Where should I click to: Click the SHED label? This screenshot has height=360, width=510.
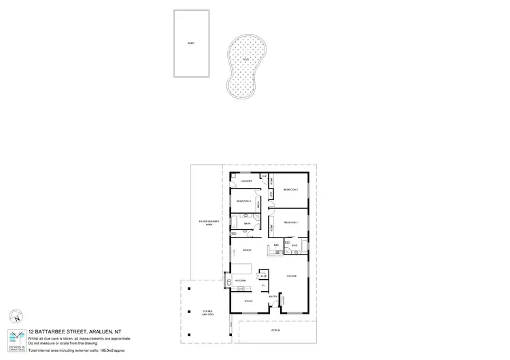pyautogui.click(x=191, y=44)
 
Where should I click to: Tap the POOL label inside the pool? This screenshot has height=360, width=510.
pyautogui.click(x=245, y=60)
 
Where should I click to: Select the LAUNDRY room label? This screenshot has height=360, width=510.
pyautogui.click(x=247, y=181)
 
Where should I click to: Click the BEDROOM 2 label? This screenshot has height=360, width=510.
pyautogui.click(x=292, y=189)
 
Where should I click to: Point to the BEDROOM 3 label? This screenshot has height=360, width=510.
pyautogui.click(x=244, y=201)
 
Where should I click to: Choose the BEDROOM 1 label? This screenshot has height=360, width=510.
pyautogui.click(x=292, y=222)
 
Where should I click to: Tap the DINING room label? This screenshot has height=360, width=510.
pyautogui.click(x=248, y=250)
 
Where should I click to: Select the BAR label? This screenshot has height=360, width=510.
pyautogui.click(x=276, y=244)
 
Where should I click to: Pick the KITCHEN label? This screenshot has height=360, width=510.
pyautogui.click(x=240, y=280)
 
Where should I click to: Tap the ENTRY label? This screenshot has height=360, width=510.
pyautogui.click(x=272, y=297)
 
